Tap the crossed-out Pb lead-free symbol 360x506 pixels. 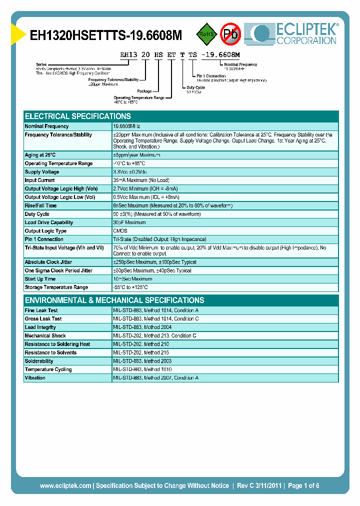pyautogui.click(x=231, y=34)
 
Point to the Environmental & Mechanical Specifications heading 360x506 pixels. pyautogui.click(x=114, y=300)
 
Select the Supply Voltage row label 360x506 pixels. pyautogui.click(x=42, y=172)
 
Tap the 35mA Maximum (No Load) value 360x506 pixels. pyautogui.click(x=141, y=180)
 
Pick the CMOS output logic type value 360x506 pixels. pyautogui.click(x=120, y=231)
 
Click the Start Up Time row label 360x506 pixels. pyautogui.click(x=40, y=279)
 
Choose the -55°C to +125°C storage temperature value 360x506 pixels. pyautogui.click(x=130, y=287)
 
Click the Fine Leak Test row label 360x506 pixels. pyautogui.click(x=41, y=310)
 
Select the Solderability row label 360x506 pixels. pyautogui.click(x=39, y=361)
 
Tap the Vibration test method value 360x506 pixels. pyautogui.click(x=155, y=378)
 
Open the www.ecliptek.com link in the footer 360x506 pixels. pyautogui.click(x=65, y=485)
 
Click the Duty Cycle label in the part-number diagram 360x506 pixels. pyautogui.click(x=196, y=86)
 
